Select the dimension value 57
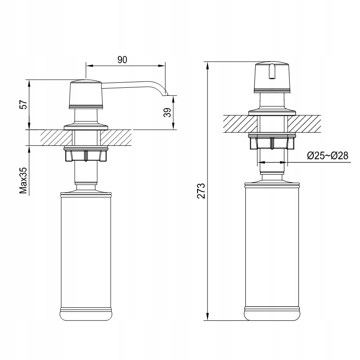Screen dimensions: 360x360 [x=24, y=104]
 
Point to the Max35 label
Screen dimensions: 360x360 [x=24, y=180]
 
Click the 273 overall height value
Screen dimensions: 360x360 [x=202, y=191]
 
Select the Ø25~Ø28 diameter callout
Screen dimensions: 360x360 [x=328, y=156]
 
